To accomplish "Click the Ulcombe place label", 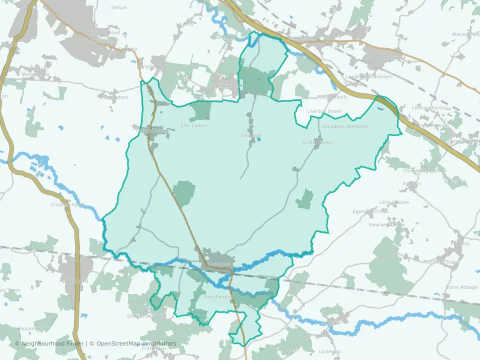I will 251,135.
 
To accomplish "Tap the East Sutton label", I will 193,125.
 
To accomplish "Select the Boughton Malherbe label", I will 345,126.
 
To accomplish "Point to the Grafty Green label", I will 317,142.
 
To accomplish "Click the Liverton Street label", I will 324,111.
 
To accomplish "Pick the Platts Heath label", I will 331,97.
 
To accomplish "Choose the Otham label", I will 119,7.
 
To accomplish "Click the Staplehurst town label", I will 75,281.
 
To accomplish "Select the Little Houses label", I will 394,202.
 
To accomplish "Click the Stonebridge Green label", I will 424,171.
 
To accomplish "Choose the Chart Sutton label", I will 113,97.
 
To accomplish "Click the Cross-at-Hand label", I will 66,204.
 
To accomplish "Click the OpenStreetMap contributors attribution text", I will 136,343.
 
